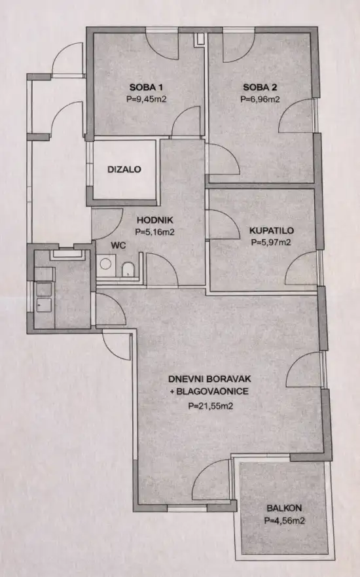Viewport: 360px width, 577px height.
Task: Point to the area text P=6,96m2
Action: pyautogui.click(x=261, y=100)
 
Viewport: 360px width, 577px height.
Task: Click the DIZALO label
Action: pyautogui.click(x=124, y=169)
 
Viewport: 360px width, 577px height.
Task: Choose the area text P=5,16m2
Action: pyautogui.click(x=154, y=232)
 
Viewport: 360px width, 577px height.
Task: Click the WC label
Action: pyautogui.click(x=118, y=245)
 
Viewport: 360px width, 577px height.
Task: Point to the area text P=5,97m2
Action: pyautogui.click(x=271, y=242)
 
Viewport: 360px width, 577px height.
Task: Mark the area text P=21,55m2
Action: pyautogui.click(x=211, y=406)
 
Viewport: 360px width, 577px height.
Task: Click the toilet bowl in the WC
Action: pyautogui.click(x=128, y=269)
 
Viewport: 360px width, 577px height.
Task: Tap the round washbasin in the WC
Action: pyautogui.click(x=105, y=265)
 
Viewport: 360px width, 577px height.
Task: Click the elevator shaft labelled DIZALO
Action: pyautogui.click(x=124, y=171)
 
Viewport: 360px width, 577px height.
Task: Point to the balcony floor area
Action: pyautogui.click(x=281, y=484)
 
